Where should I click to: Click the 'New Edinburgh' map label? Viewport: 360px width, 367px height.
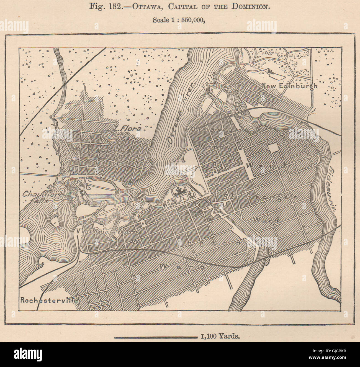[289, 86]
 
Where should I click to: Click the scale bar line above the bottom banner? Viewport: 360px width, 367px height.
[155, 337]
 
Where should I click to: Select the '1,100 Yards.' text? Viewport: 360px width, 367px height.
[219, 337]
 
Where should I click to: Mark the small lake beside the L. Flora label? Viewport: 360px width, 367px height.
[108, 135]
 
